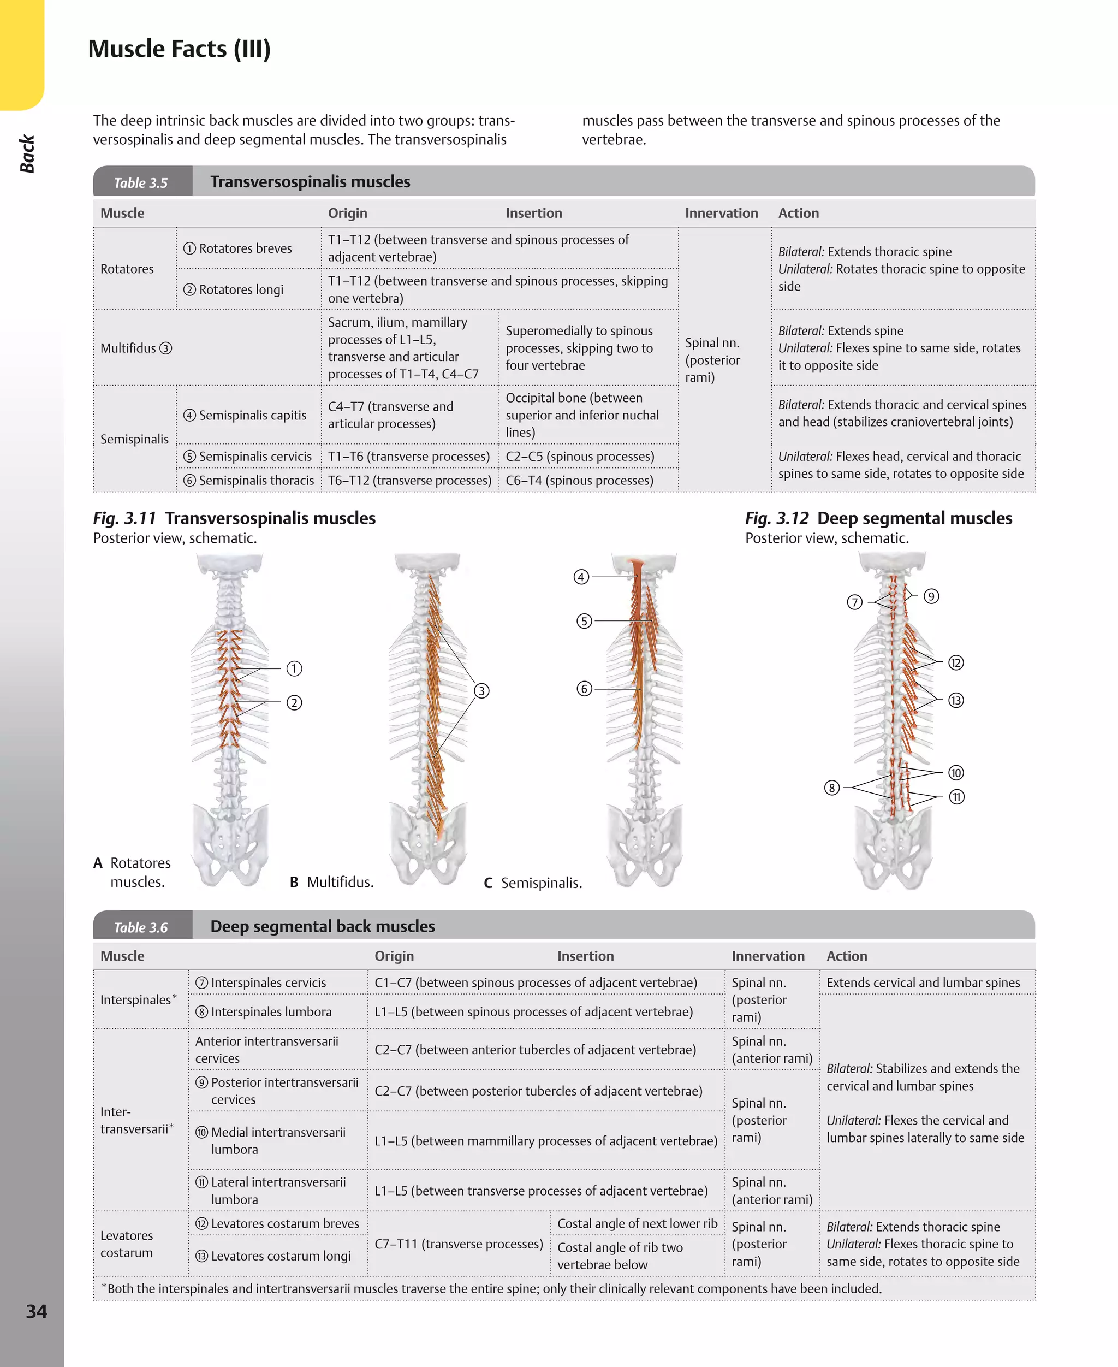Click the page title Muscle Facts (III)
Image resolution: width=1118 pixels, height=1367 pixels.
pyautogui.click(x=179, y=49)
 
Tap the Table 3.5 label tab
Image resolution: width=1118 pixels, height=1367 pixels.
pyautogui.click(x=140, y=183)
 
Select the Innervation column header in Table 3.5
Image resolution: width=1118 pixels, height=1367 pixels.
pyautogui.click(x=721, y=213)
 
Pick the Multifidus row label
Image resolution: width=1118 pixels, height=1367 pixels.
pyautogui.click(x=136, y=348)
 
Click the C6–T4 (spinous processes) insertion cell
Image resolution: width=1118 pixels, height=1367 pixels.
pyautogui.click(x=579, y=481)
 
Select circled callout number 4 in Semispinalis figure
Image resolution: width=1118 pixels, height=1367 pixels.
pyautogui.click(x=581, y=577)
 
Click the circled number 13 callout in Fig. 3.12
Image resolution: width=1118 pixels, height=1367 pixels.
pyautogui.click(x=956, y=700)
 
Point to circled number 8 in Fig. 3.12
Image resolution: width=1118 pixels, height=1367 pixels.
pyautogui.click(x=832, y=787)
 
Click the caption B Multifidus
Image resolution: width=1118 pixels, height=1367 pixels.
pyautogui.click(x=332, y=882)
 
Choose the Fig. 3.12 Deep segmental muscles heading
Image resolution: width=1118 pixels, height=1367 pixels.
pyautogui.click(x=878, y=519)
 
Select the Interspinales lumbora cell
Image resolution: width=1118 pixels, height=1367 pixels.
pyautogui.click(x=270, y=1012)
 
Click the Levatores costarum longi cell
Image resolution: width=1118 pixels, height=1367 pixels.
pyautogui.click(x=280, y=1256)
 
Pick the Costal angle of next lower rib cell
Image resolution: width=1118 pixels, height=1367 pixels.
pyautogui.click(x=637, y=1223)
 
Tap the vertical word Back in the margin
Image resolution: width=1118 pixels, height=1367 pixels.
pyautogui.click(x=27, y=154)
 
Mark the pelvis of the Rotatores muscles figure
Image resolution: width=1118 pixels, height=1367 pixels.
pyautogui.click(x=230, y=844)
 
